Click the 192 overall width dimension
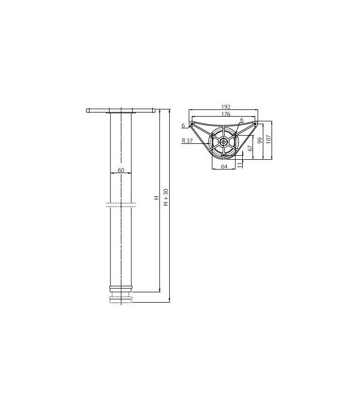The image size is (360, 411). pyautogui.click(x=224, y=107)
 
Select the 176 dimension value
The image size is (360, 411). pyautogui.click(x=224, y=115)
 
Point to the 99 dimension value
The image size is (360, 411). pyautogui.click(x=260, y=141)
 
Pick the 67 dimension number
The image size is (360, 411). pyautogui.click(x=250, y=148)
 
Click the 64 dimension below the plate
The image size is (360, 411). pyautogui.click(x=224, y=166)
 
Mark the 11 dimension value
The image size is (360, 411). pyautogui.click(x=240, y=164)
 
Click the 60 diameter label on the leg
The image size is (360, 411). pyautogui.click(x=121, y=170)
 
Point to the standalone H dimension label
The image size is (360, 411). pyautogui.click(x=157, y=198)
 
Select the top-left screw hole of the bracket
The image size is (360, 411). pyautogui.click(x=192, y=124)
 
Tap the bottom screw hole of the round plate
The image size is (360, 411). pyautogui.click(x=224, y=155)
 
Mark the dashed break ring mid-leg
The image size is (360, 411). pyautogui.click(x=121, y=204)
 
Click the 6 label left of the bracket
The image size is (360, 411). pyautogui.click(x=183, y=125)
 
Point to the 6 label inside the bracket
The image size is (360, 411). pyautogui.click(x=241, y=120)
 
